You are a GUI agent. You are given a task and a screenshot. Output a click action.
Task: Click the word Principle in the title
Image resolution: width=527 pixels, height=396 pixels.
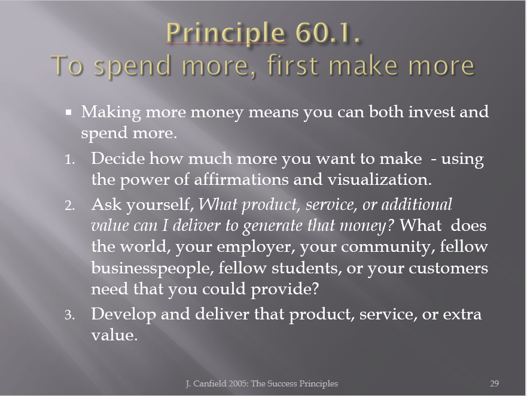click(226, 33)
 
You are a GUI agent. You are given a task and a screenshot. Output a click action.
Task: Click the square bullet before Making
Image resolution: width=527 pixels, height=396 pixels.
click(69, 112)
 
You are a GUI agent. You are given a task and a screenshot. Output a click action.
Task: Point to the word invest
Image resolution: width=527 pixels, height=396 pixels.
click(431, 111)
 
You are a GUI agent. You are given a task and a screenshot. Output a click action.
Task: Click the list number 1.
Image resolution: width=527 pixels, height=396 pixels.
click(69, 160)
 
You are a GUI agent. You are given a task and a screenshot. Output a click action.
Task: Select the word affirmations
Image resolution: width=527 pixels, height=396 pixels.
click(241, 179)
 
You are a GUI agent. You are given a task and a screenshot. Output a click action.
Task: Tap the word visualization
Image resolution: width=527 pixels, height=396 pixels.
click(379, 179)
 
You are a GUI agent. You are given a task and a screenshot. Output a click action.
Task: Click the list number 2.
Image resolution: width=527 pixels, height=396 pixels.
click(69, 205)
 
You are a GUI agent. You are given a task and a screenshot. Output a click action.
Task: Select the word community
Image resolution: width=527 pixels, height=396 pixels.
click(388, 247)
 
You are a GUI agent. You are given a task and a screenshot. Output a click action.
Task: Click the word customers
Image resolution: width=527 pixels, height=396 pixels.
click(449, 268)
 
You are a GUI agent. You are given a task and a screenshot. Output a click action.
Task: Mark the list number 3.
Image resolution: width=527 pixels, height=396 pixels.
click(69, 315)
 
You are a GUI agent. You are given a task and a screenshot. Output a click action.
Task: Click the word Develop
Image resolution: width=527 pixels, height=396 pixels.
click(123, 314)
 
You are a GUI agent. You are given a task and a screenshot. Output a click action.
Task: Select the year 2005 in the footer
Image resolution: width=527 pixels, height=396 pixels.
click(237, 383)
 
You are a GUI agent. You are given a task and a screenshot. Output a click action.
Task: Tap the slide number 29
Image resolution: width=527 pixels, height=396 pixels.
click(494, 383)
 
